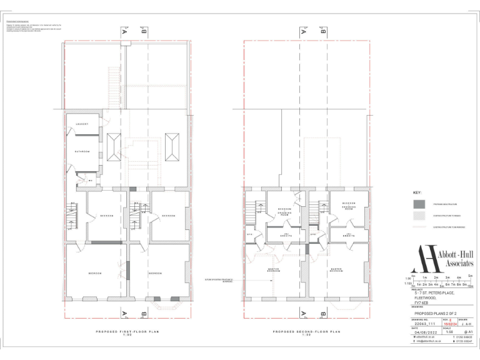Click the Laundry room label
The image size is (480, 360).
(x=82, y=124)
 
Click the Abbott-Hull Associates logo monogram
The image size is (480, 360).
(x=427, y=259)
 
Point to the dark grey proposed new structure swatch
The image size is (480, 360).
(x=419, y=204)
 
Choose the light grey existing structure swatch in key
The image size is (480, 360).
(x=419, y=216)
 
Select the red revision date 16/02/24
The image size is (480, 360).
(x=449, y=323)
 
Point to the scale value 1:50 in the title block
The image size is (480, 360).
(x=449, y=332)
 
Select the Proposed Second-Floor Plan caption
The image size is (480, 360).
(x=306, y=332)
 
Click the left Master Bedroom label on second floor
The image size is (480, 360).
(x=274, y=270)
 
